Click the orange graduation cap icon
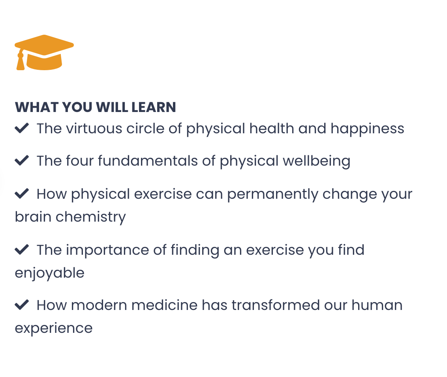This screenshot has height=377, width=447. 44,52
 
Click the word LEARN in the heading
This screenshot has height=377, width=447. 154,107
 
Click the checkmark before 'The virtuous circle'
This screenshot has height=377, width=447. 22,128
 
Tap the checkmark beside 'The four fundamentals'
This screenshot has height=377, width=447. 22,161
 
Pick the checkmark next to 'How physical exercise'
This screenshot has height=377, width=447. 22,194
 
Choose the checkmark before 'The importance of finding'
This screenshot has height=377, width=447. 22,250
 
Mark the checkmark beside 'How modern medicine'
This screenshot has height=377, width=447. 22,305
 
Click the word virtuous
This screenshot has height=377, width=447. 94,129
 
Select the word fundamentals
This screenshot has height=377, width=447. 148,161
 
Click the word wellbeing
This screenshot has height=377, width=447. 317,161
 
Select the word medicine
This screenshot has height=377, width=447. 165,305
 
